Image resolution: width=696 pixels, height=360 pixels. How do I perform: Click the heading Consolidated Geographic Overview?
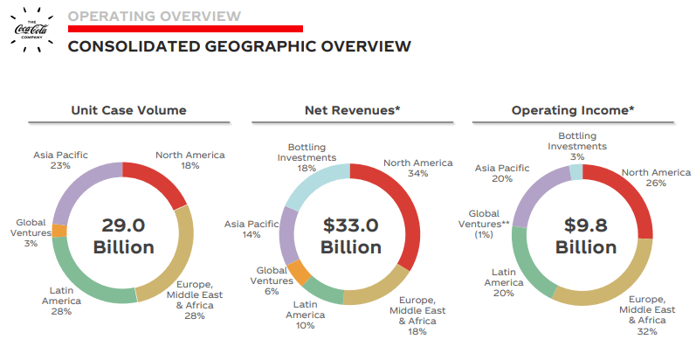click(x=238, y=45)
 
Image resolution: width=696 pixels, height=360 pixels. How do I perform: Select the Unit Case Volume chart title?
click(x=128, y=110)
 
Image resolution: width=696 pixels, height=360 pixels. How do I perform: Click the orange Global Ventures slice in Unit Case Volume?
click(x=59, y=231)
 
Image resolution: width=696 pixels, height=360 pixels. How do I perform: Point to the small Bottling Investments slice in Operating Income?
click(x=576, y=172)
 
